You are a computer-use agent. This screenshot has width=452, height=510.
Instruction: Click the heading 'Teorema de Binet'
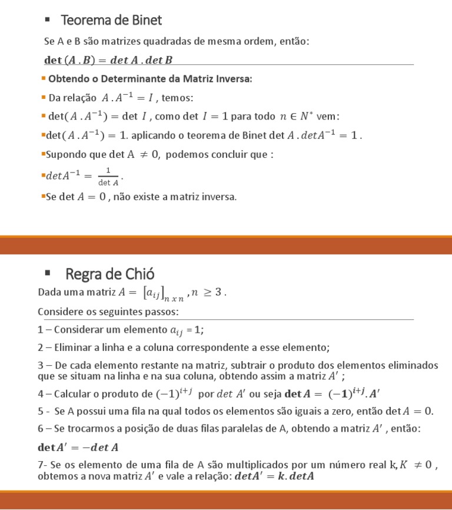pos(111,21)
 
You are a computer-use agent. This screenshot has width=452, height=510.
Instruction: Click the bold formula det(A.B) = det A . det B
pos(108,59)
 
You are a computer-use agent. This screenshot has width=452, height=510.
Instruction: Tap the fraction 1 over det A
pos(108,176)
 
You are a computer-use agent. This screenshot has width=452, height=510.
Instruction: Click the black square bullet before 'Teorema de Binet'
pos(48,20)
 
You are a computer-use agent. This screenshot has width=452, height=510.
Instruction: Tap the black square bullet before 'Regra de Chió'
pos(48,273)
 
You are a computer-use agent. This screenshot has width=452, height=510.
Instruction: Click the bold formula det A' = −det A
pos(78,448)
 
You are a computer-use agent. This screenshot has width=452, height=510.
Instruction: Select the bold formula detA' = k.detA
pos(274,476)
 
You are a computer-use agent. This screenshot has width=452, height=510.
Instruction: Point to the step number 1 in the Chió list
pos(40,329)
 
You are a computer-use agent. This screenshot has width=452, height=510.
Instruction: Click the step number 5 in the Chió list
pos(40,411)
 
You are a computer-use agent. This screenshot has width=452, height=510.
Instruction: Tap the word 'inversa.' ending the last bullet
pos(218,197)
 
